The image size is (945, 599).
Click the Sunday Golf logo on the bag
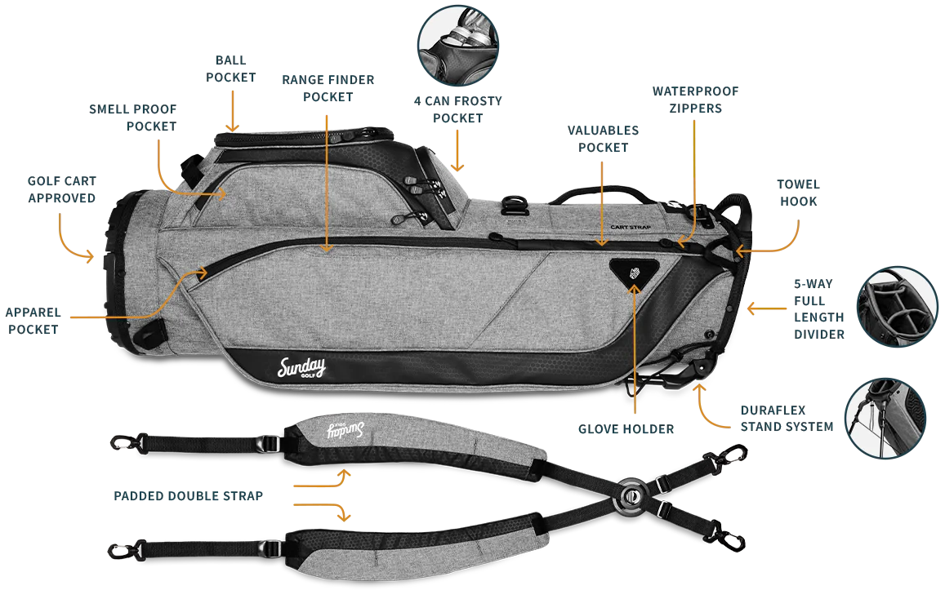point(302,367)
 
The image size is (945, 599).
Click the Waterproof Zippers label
point(693,99)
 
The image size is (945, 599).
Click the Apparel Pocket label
point(33,322)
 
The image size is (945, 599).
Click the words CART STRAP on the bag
point(629,229)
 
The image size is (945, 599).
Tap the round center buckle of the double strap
point(630,495)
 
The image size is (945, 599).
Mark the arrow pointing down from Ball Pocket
point(234,106)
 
